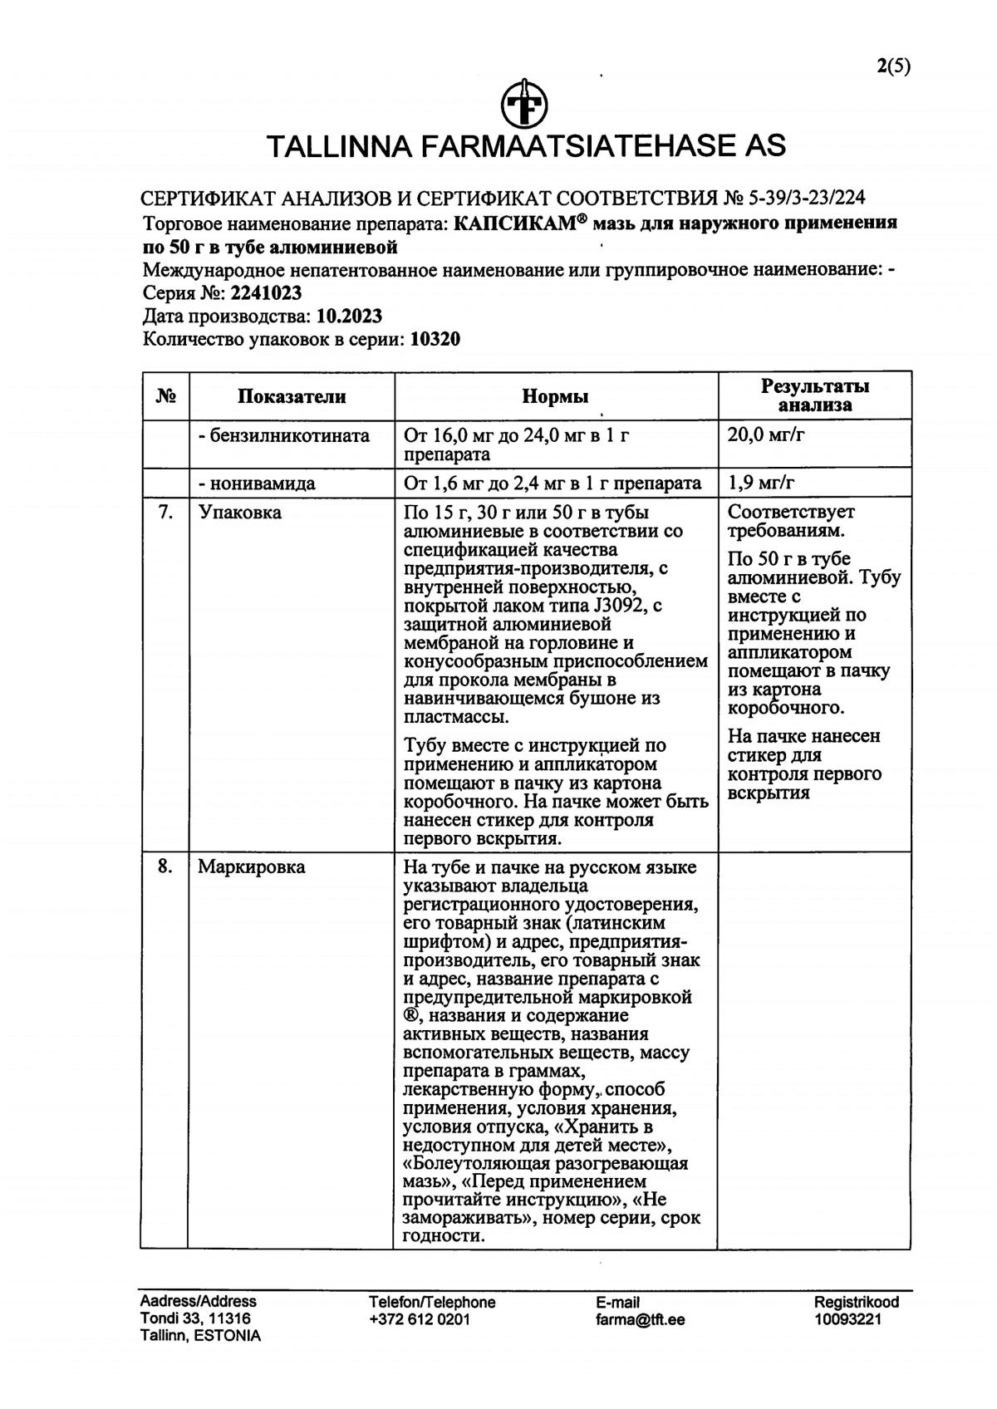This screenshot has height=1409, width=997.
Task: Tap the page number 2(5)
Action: point(893,67)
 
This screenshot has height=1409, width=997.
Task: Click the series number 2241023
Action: point(266,293)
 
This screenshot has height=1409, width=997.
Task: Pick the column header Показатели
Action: point(292,396)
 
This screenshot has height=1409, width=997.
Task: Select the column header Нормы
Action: point(555,396)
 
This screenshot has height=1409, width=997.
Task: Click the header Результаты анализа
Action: point(814,395)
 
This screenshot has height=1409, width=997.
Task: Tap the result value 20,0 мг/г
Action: point(765,434)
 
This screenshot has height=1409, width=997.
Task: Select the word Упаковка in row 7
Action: point(239,513)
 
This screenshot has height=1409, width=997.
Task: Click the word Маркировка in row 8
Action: point(251,867)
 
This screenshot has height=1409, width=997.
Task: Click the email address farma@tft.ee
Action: point(640,1319)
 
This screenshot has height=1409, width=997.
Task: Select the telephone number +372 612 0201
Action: point(420,1319)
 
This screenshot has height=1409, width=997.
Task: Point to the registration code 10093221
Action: point(847,1319)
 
